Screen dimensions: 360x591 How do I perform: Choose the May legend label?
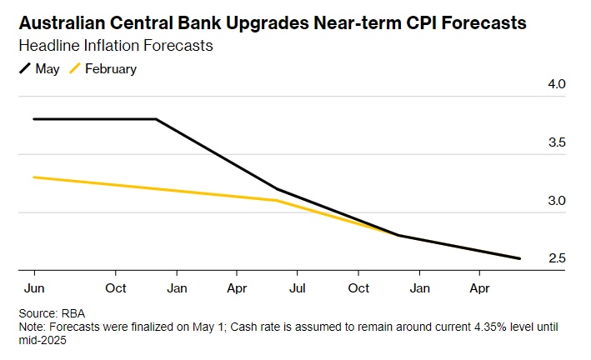tap(48, 69)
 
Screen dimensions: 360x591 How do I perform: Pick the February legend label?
tap(111, 69)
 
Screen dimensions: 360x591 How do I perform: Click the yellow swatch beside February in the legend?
tap(74, 69)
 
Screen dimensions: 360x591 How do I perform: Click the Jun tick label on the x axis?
tap(33, 288)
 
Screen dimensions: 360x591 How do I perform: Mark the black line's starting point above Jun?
tap(33, 119)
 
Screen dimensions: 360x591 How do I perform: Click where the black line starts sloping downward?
tap(156, 119)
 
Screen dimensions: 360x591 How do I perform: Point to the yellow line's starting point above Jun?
tap(33, 177)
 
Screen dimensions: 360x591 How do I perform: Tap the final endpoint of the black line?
tap(520, 258)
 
